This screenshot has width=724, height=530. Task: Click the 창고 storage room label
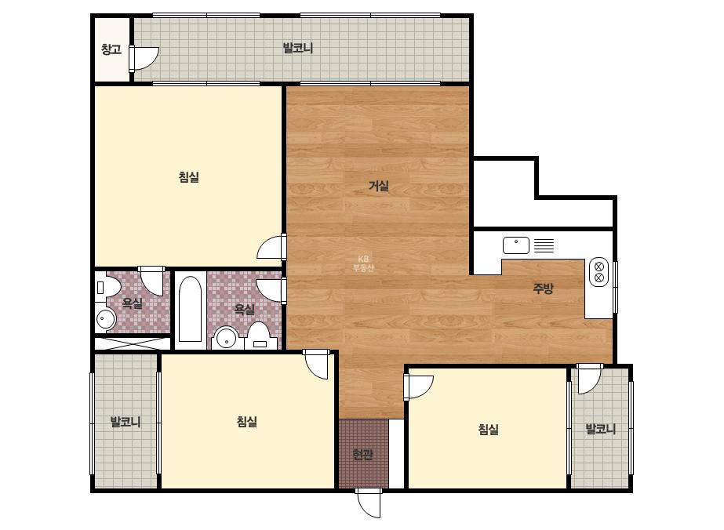pyautogui.click(x=111, y=49)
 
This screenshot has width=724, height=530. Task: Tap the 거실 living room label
pyautogui.click(x=379, y=186)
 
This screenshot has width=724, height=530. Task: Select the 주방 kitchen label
pyautogui.click(x=543, y=288)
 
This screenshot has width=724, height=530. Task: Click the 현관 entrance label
pyautogui.click(x=362, y=455)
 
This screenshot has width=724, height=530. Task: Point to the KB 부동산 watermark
pyautogui.click(x=363, y=263)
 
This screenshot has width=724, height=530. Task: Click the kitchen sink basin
pyautogui.click(x=516, y=245)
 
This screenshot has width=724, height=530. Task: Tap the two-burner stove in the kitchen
pyautogui.click(x=598, y=272)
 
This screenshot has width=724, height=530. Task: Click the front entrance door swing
pyautogui.click(x=369, y=503)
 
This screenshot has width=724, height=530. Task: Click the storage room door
pyautogui.click(x=144, y=58)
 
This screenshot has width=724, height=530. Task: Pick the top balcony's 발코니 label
pyautogui.click(x=298, y=48)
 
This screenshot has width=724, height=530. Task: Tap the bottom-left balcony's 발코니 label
pyautogui.click(x=126, y=422)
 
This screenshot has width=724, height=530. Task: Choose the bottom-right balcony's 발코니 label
pyautogui.click(x=600, y=429)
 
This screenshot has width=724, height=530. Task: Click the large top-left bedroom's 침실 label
pyautogui.click(x=189, y=177)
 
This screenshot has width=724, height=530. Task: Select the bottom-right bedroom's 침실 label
pyautogui.click(x=488, y=430)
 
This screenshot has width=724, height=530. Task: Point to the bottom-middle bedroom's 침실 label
pyautogui.click(x=246, y=422)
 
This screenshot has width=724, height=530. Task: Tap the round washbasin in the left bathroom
pyautogui.click(x=106, y=318)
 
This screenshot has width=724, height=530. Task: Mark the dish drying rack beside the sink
pyautogui.click(x=544, y=245)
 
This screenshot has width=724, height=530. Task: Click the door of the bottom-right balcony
pyautogui.click(x=589, y=379)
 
